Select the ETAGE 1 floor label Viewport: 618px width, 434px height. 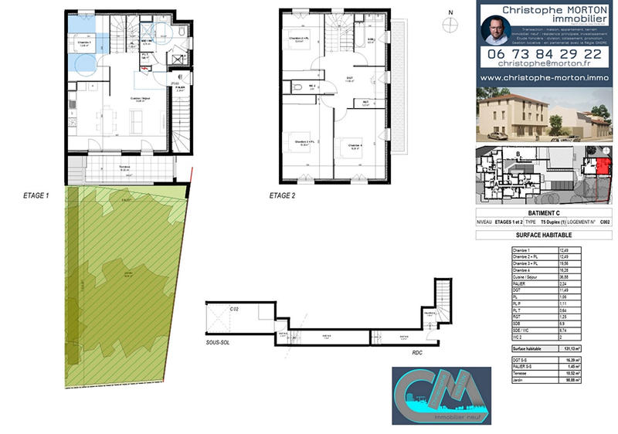pos(36,196)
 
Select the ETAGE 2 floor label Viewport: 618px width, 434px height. pos(282,196)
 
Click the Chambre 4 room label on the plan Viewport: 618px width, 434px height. pos(355,144)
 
